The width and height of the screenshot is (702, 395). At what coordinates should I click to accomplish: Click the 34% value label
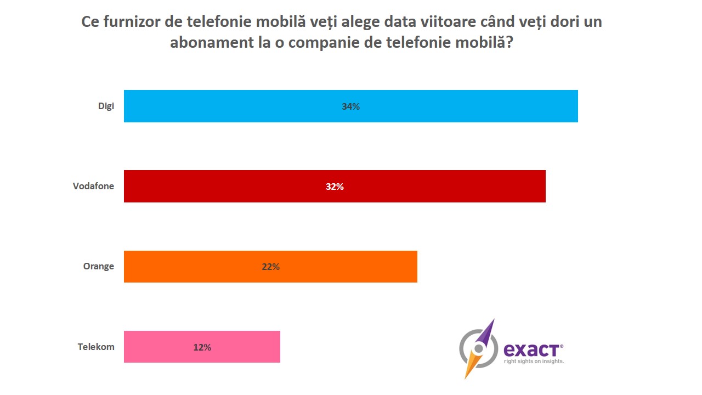coord(350,106)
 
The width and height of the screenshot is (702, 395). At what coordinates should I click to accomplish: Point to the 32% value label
coord(335,187)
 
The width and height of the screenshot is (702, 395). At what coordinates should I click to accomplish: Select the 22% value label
coord(270,267)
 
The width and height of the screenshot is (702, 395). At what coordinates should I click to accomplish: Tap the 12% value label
coord(202,347)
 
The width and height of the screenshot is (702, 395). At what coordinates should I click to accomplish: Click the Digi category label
coord(106,106)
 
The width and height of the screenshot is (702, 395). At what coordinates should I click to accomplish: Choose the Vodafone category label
coord(93,186)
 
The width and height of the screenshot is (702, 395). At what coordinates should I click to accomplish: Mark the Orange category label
coord(99,267)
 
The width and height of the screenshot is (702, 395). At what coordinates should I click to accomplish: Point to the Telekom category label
coord(96,347)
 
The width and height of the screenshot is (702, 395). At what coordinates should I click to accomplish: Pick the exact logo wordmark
coord(532,349)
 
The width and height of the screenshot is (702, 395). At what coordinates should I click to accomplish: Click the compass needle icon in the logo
coord(479,347)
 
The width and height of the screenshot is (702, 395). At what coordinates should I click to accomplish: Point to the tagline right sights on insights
coord(534,361)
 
